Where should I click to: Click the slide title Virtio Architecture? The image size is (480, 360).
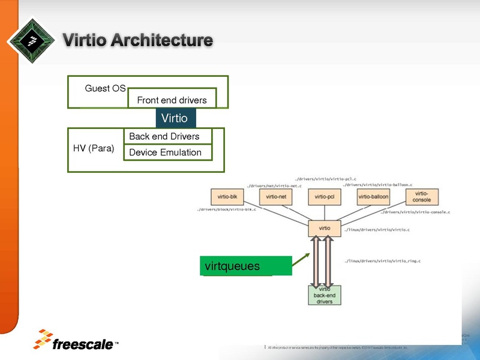138,41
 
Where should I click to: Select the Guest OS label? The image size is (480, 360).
105,88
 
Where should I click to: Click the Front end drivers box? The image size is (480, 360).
172,100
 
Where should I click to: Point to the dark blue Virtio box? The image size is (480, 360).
175,118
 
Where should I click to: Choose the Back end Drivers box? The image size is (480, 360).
167,136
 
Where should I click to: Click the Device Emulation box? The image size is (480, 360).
167,152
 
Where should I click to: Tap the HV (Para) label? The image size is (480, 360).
93,148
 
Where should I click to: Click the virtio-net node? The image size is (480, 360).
275,197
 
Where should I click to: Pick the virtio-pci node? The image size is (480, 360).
325,197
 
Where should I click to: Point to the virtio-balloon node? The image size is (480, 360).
373,197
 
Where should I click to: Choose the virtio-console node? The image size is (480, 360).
422,197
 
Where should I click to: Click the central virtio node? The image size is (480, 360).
324,228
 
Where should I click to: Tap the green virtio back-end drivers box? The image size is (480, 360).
324,295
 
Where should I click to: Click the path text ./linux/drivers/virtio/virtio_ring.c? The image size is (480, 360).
382,261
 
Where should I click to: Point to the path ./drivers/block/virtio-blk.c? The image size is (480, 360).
227,210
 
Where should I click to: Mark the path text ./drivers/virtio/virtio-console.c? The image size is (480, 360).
415,212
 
